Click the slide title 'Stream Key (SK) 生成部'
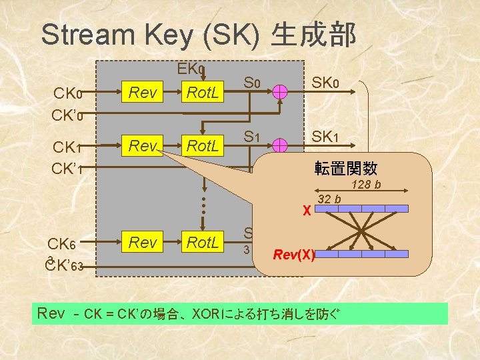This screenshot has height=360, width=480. pyautogui.click(x=199, y=35)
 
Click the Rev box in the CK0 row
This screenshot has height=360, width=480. pyautogui.click(x=143, y=93)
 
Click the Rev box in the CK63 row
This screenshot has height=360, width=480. pyautogui.click(x=143, y=243)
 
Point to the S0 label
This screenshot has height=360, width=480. pyautogui.click(x=251, y=83)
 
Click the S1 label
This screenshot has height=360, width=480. pyautogui.click(x=251, y=137)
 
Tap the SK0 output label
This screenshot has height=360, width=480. pyautogui.click(x=326, y=83)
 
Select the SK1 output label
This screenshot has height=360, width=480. pyautogui.click(x=326, y=137)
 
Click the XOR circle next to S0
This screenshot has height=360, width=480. pyautogui.click(x=281, y=94)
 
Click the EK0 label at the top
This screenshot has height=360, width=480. pyautogui.click(x=191, y=68)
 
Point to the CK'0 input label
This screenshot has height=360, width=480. pyautogui.click(x=67, y=115)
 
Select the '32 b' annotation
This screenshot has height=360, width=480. pyautogui.click(x=329, y=198)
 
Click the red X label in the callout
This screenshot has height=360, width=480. pyautogui.click(x=306, y=211)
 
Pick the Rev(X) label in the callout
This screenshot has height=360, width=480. pyautogui.click(x=293, y=254)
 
